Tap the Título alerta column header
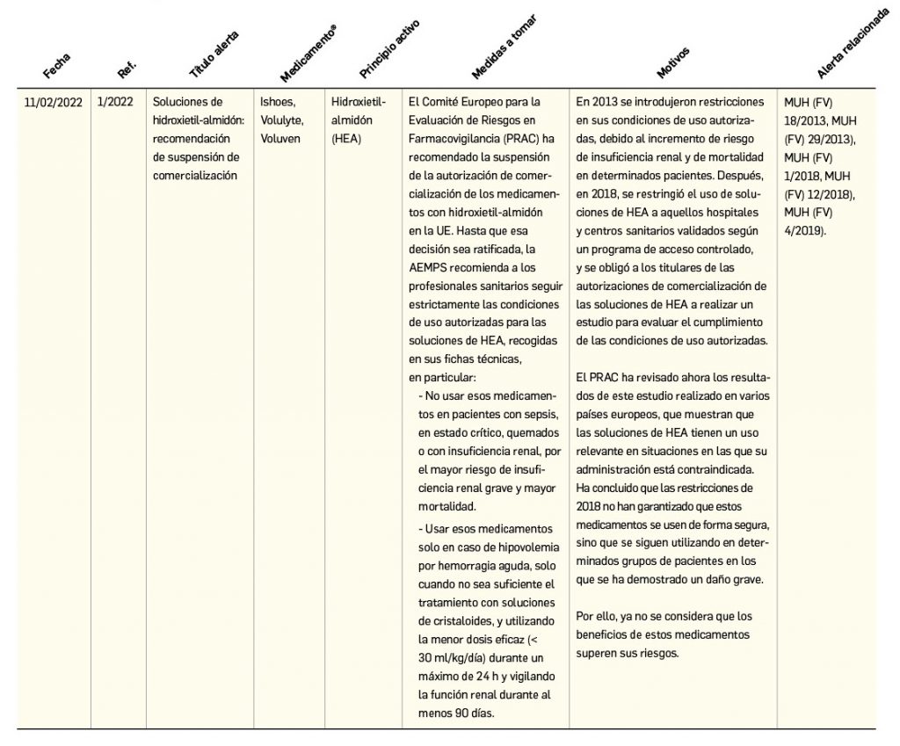[214, 52]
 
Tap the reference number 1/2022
[115, 101]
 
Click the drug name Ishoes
[273, 101]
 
